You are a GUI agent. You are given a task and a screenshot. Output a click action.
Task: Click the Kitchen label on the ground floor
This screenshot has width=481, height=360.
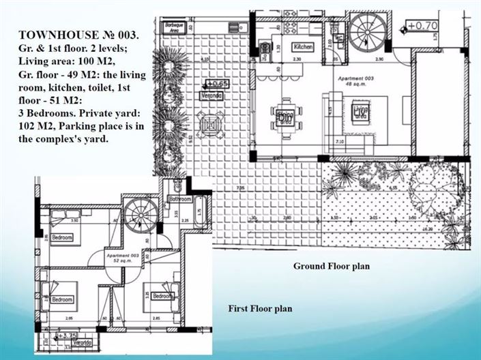[x=303, y=47]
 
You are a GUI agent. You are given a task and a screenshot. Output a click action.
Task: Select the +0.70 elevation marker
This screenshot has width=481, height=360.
[x=422, y=27]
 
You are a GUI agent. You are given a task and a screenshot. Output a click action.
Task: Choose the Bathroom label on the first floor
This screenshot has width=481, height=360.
[x=180, y=199]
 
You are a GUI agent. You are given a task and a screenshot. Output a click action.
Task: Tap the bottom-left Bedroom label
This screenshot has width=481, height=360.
[x=62, y=299]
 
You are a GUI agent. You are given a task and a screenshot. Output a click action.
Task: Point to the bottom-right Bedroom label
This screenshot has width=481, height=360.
[x=162, y=297]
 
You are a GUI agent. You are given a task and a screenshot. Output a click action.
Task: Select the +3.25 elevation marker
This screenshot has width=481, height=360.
[x=68, y=336]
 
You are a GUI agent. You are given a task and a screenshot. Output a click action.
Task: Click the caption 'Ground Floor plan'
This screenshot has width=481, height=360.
[x=331, y=266]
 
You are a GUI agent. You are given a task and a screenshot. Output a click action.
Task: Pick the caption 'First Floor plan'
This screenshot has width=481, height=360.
[x=260, y=309]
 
